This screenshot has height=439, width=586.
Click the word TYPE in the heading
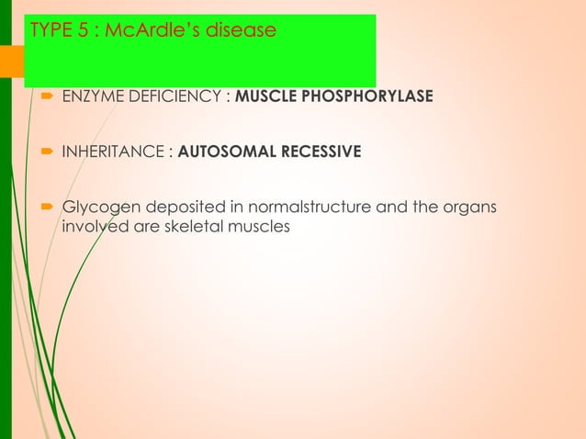(51, 30)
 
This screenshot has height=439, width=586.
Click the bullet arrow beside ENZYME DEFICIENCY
(47, 96)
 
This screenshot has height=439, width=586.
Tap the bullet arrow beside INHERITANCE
(47, 152)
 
